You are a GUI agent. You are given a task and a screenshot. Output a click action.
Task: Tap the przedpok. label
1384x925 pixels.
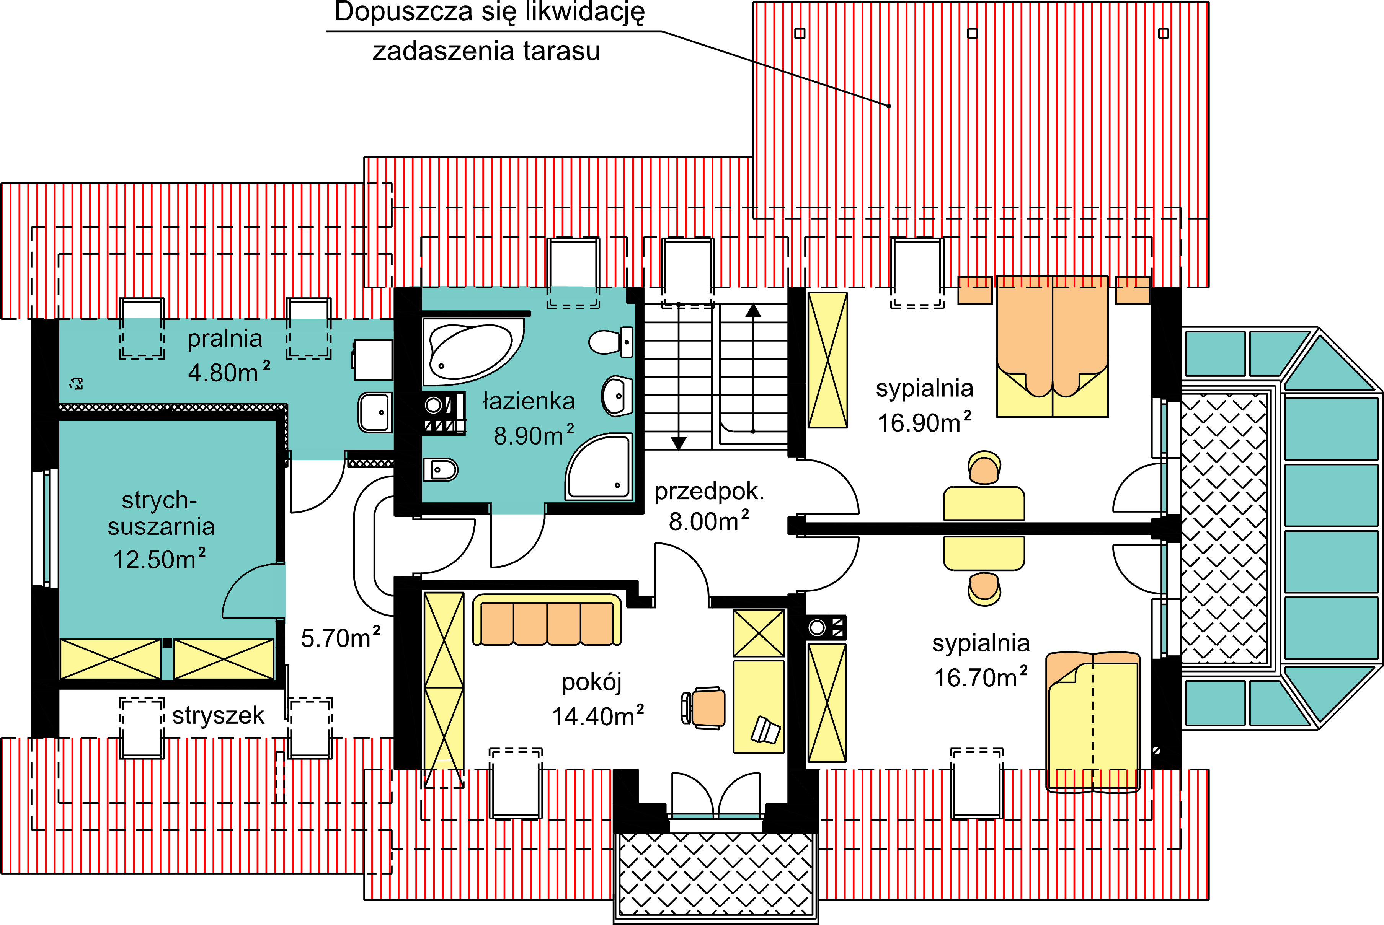(709, 492)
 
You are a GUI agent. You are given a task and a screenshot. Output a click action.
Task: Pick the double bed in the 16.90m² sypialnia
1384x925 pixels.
(1052, 346)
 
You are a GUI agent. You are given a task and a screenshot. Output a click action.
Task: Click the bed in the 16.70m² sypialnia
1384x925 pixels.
(1092, 721)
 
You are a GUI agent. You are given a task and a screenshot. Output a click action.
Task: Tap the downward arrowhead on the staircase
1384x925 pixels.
(679, 443)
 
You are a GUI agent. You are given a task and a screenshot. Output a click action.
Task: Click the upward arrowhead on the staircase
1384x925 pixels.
(753, 310)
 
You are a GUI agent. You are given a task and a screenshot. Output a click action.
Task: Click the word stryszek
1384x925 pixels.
(218, 716)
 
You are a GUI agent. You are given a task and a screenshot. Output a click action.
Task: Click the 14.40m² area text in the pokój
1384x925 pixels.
(597, 716)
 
